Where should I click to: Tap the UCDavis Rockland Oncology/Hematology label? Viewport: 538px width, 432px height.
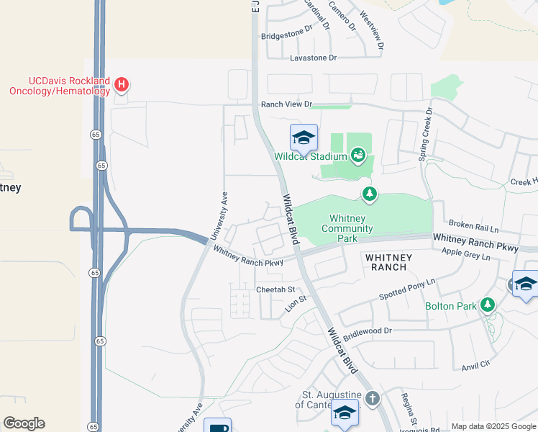click(x=59, y=86)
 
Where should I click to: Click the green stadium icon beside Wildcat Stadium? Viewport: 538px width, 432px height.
click(x=357, y=155)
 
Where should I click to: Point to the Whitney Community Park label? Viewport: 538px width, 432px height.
click(x=347, y=223)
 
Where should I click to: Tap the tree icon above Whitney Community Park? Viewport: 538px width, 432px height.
click(x=370, y=194)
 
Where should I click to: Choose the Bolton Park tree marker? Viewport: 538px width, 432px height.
click(x=488, y=306)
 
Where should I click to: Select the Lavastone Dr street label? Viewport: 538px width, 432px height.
click(x=314, y=58)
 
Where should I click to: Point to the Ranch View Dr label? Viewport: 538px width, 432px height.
click(x=286, y=104)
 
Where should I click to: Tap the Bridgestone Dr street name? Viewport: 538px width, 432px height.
click(x=288, y=33)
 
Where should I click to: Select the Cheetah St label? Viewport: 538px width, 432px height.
click(x=276, y=289)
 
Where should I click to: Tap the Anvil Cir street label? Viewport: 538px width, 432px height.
click(x=475, y=364)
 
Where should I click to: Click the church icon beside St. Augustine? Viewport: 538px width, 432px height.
click(x=372, y=398)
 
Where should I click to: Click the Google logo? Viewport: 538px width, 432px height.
click(x=24, y=423)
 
